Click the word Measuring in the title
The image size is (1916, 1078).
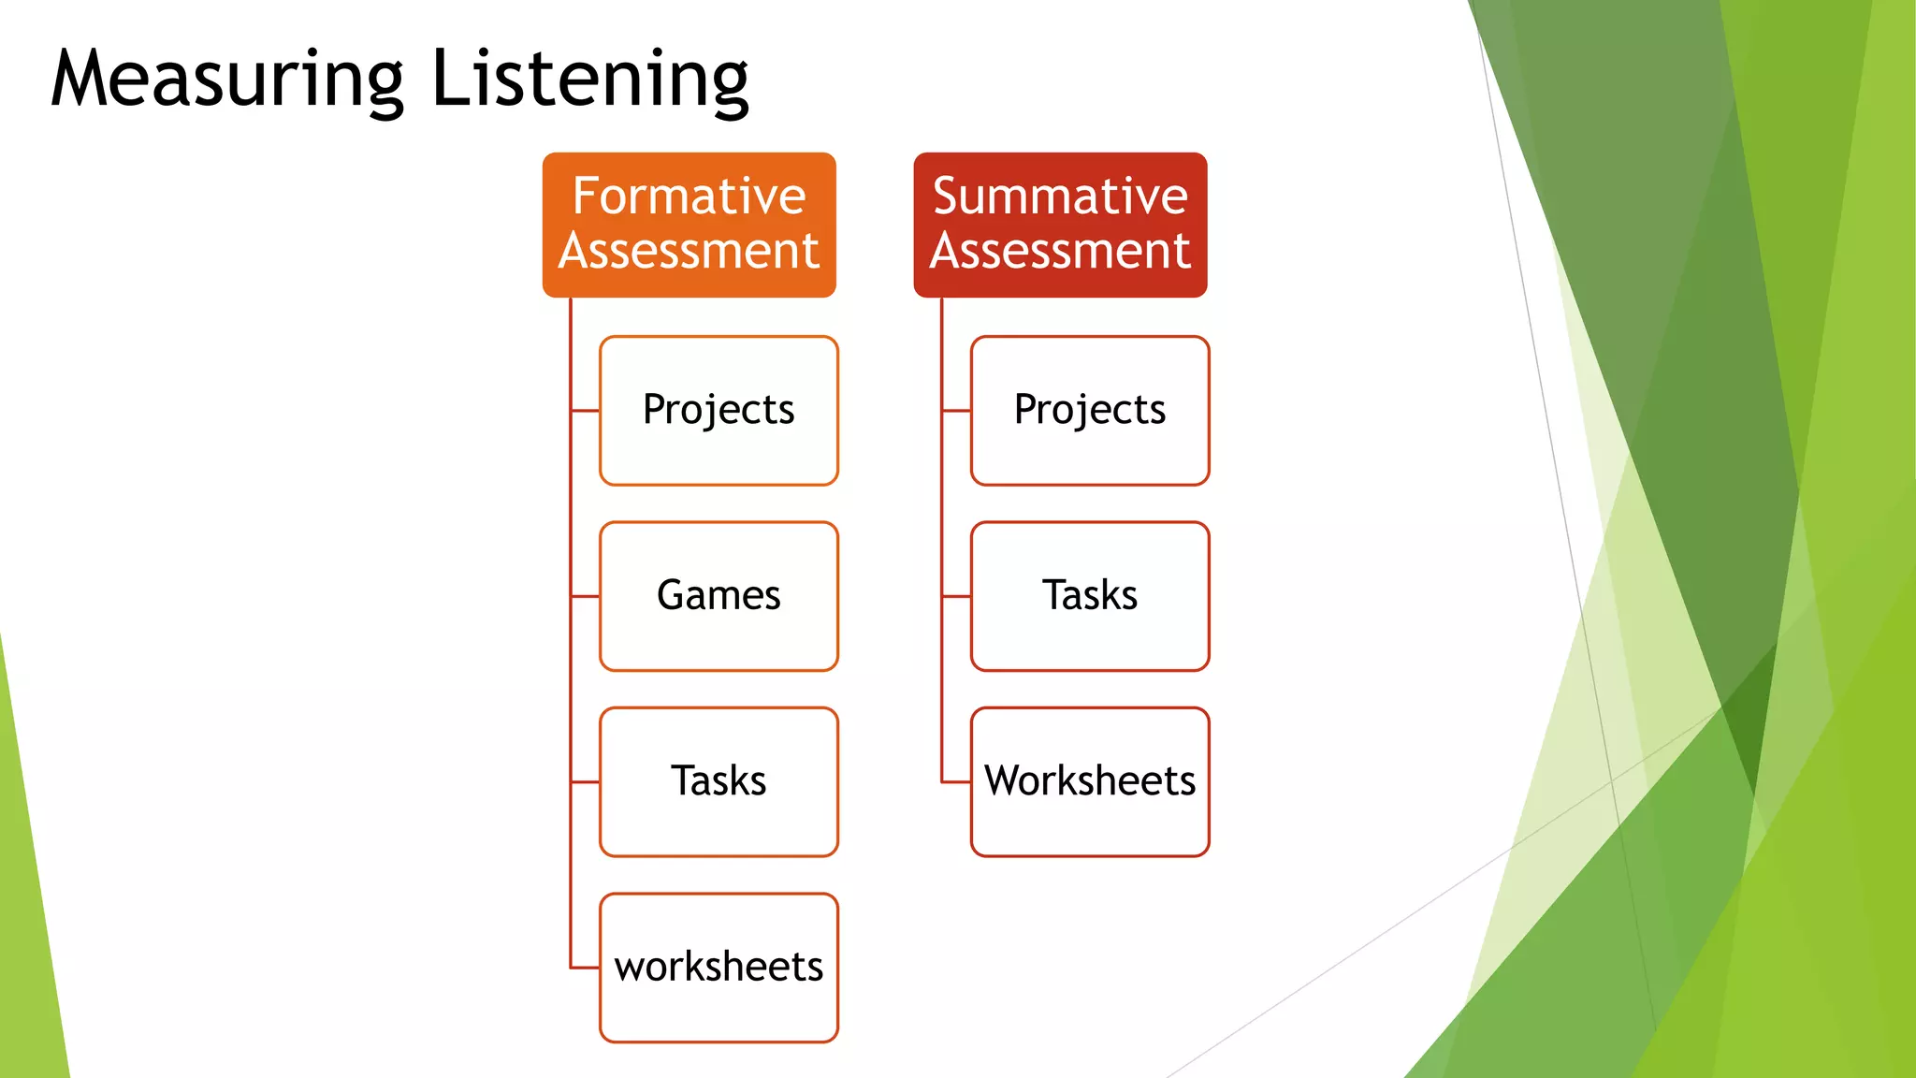coord(227,80)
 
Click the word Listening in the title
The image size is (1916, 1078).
coord(589,80)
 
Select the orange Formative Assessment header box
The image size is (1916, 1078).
coord(689,225)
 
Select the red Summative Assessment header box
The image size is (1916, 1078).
coord(1060,225)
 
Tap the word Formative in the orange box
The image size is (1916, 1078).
coord(689,197)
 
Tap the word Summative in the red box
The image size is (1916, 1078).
coord(1060,197)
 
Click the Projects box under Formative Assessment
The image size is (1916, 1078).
coord(718,410)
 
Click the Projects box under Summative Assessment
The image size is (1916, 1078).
coord(1090,410)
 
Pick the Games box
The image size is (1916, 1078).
coord(718,596)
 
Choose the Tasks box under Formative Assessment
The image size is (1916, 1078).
coord(718,781)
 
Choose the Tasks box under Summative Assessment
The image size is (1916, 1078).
coord(1090,596)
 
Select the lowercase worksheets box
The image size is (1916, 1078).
coord(718,967)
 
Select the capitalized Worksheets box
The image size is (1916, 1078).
coord(1090,781)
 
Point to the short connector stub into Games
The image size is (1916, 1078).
coord(586,596)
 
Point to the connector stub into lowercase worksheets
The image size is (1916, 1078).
coord(586,968)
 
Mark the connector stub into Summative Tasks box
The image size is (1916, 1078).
coord(957,596)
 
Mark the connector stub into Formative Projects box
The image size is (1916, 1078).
coord(586,410)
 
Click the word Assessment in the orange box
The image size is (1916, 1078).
coord(689,251)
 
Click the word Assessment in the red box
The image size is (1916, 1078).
coord(1060,251)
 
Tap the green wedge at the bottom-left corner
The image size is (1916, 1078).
coord(28,936)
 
